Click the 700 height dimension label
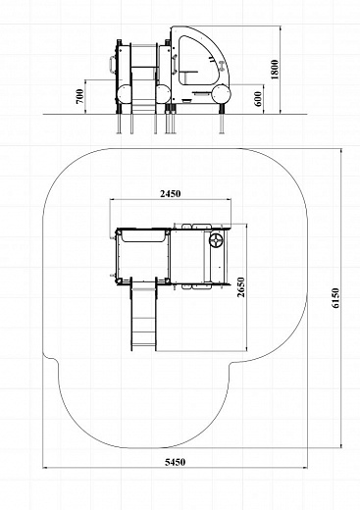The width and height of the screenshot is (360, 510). point(80,96)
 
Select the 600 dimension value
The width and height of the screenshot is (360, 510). point(258,99)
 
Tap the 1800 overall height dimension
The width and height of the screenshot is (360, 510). point(275,70)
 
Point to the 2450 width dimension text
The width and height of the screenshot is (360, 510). point(171,194)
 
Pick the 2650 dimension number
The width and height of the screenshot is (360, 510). point(241,287)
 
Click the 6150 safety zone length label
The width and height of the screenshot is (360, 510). point(335,298)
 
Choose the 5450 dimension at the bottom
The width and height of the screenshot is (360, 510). point(175,462)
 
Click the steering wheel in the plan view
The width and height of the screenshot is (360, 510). point(216,240)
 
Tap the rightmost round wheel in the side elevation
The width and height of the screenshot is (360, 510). point(222,94)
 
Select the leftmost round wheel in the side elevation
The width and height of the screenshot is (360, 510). point(125,94)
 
